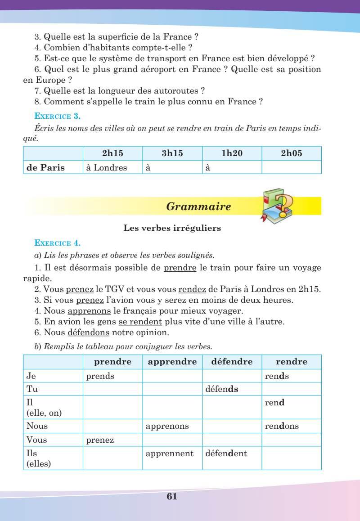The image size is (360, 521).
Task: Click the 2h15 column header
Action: click(x=113, y=153)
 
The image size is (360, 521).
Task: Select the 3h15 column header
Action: click(x=172, y=153)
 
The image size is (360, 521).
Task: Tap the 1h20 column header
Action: click(x=232, y=153)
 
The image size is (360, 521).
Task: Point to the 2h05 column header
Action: click(x=291, y=153)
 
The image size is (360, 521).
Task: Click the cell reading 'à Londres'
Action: click(x=107, y=168)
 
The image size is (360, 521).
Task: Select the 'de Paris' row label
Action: click(x=46, y=168)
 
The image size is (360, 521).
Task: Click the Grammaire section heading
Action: click(x=198, y=207)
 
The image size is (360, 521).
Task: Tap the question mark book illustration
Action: click(x=277, y=206)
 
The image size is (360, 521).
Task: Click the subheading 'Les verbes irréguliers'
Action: click(x=172, y=228)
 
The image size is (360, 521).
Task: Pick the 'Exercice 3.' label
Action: click(x=58, y=117)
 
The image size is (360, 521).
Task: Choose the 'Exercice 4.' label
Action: click(x=58, y=243)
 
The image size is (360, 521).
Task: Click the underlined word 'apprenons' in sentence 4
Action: click(x=89, y=311)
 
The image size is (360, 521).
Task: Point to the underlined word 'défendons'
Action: click(x=88, y=332)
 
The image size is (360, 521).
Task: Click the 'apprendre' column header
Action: click(x=172, y=362)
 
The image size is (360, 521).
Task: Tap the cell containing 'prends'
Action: click(x=100, y=376)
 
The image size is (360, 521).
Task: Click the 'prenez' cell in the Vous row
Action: click(x=100, y=440)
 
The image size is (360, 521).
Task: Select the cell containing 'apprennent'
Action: click(x=170, y=454)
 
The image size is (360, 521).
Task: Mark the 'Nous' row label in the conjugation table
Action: click(x=37, y=426)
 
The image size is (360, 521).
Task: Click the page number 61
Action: click(x=172, y=496)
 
